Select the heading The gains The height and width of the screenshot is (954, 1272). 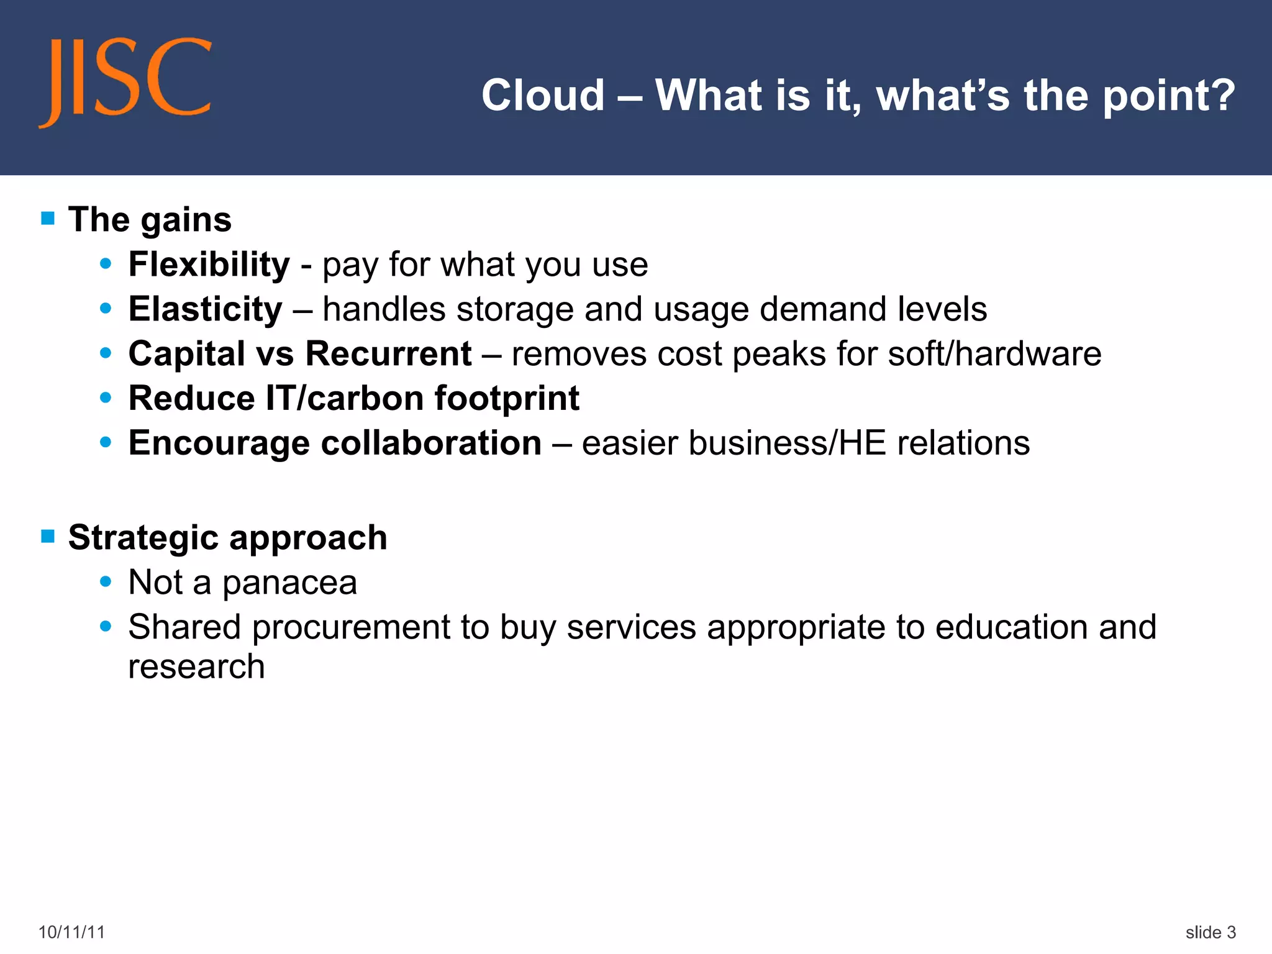click(x=150, y=220)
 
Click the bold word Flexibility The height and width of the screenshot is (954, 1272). click(x=209, y=265)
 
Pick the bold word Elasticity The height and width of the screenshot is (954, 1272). click(x=205, y=309)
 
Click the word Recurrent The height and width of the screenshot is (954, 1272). click(x=388, y=354)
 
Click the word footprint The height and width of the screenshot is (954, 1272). click(x=506, y=398)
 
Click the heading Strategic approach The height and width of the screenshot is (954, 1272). click(x=227, y=538)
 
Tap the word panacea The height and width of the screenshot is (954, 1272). click(x=289, y=583)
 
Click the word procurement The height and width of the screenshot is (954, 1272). click(x=350, y=627)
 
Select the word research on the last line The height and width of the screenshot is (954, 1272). click(x=196, y=667)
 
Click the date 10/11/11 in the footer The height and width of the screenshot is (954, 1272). click(x=71, y=932)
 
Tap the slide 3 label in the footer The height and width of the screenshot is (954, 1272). click(x=1210, y=932)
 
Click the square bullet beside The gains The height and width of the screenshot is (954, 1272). click(x=48, y=219)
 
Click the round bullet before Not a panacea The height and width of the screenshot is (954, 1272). click(x=106, y=582)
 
